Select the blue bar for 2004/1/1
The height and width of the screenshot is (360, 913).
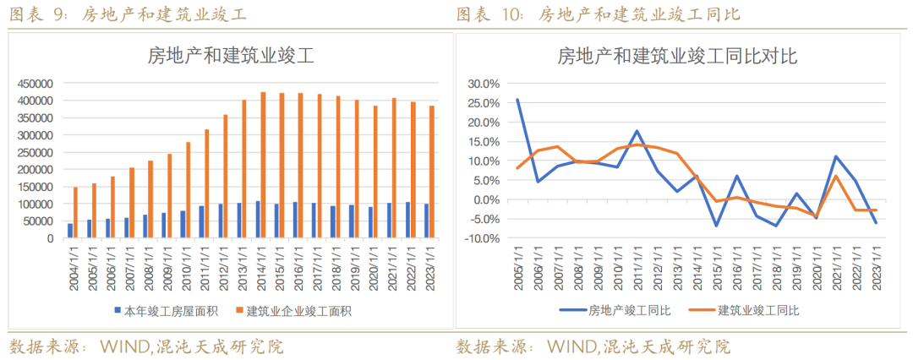[x=70, y=231]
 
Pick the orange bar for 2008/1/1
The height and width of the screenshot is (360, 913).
[x=150, y=199]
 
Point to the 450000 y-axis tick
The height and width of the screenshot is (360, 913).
[x=36, y=84]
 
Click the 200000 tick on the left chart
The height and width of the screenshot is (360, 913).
[x=36, y=170]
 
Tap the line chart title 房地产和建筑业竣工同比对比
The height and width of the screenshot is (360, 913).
[x=677, y=57]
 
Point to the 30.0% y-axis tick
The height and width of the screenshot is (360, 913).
[x=484, y=84]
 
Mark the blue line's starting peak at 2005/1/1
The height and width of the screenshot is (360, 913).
[x=517, y=100]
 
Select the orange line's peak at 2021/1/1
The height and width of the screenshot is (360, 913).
[x=835, y=176]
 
